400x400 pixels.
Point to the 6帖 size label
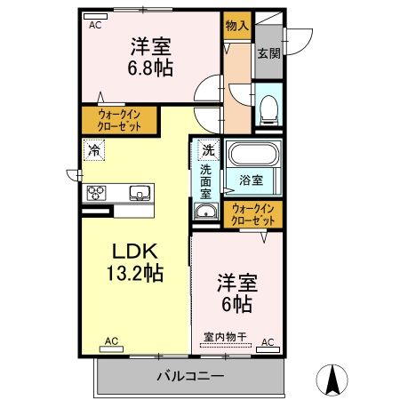pos(236,305)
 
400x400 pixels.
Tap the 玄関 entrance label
pos(268,52)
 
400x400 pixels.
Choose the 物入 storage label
pos(236,27)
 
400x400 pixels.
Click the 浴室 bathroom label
pos(250,180)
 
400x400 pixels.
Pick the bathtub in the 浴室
pos(254,154)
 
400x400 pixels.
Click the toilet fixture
pos(268,109)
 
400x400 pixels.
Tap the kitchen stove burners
pos(97,192)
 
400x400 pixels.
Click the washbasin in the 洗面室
pos(206,212)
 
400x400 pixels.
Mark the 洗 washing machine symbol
pos(207,149)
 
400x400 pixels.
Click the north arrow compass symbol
pos(334,380)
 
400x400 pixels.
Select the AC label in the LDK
pos(112,340)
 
